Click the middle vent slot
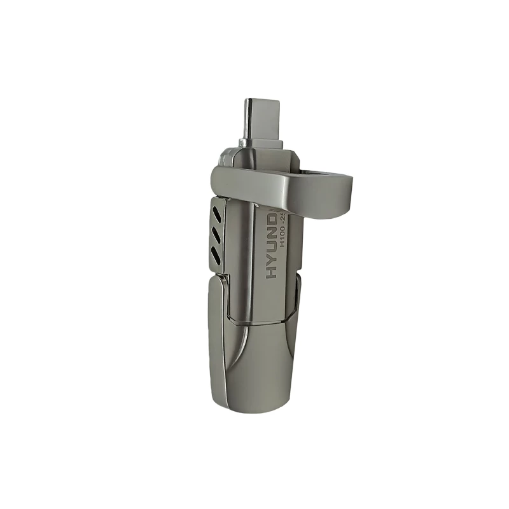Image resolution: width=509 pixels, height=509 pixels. click(x=217, y=234)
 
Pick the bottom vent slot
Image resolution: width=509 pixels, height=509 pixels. click(x=216, y=256)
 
